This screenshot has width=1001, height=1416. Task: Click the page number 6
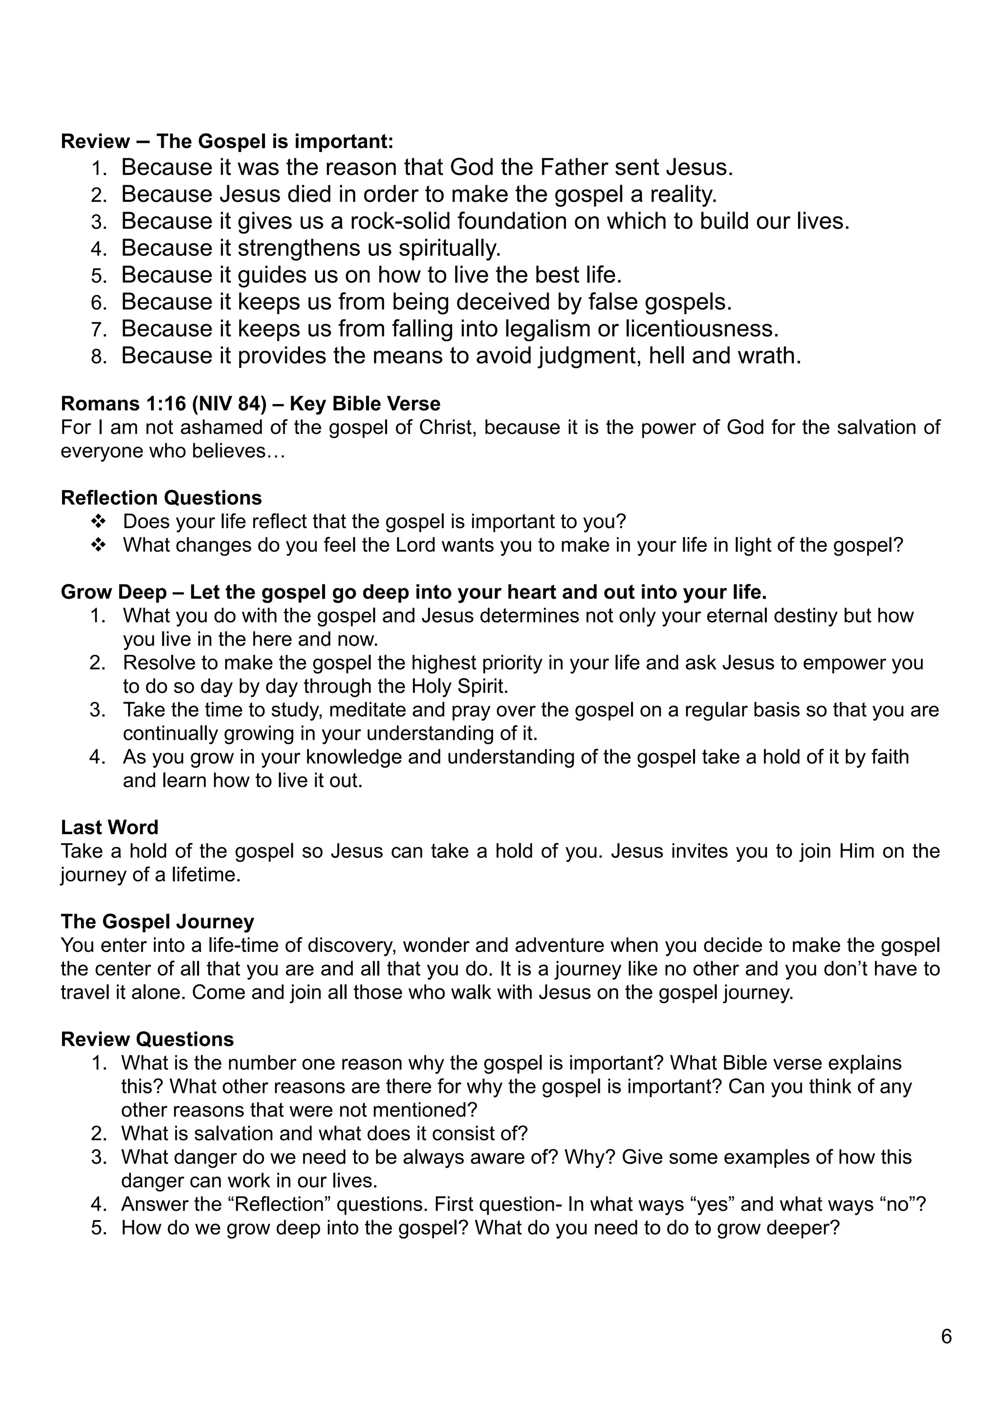[946, 1337]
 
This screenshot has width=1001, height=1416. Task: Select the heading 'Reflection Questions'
[161, 498]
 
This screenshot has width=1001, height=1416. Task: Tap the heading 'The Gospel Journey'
[157, 922]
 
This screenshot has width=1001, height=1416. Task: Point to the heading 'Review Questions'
[147, 1039]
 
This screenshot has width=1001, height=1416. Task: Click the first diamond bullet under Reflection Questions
[98, 522]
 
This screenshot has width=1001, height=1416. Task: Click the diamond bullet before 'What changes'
[98, 545]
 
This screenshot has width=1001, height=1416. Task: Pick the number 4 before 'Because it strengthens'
[99, 249]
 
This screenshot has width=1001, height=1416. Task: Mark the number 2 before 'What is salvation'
[99, 1134]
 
